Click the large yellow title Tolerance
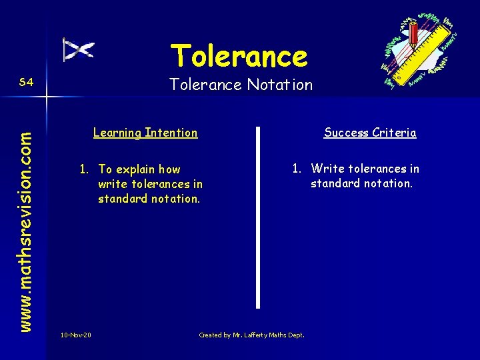click(x=239, y=56)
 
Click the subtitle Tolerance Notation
click(x=241, y=85)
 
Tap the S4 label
click(x=27, y=82)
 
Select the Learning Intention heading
click(x=145, y=133)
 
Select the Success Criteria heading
click(x=370, y=133)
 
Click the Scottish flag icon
click(x=78, y=50)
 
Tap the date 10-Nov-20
click(x=75, y=335)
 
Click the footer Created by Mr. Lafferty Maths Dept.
click(x=251, y=335)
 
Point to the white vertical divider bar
click(x=257, y=217)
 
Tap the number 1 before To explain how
click(x=83, y=169)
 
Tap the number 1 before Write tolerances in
click(x=296, y=169)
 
